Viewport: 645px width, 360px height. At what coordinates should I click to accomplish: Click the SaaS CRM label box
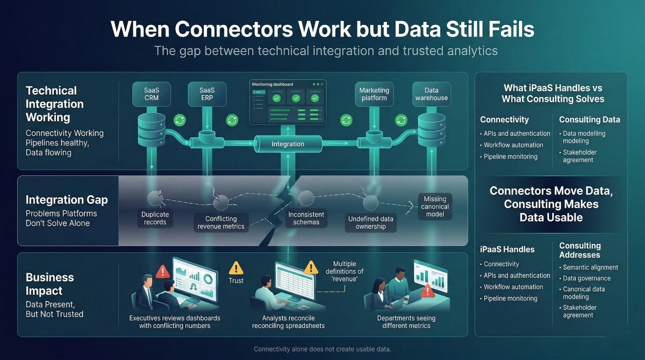tap(151, 94)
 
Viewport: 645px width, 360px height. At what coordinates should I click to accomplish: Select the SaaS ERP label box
tap(207, 94)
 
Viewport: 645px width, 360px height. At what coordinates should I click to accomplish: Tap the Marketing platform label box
tap(374, 94)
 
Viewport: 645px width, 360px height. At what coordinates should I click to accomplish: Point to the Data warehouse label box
tap(431, 94)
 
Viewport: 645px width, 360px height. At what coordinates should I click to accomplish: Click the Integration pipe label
tap(288, 144)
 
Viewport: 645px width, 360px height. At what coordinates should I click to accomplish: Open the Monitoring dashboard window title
tap(273, 85)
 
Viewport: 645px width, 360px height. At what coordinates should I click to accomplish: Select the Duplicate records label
tap(155, 218)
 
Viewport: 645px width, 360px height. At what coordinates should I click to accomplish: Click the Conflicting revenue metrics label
tap(221, 222)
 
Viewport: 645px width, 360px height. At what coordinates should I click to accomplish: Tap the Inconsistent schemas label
tap(306, 218)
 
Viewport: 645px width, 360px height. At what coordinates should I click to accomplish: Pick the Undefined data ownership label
tap(370, 222)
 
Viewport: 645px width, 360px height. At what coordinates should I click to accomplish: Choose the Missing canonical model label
tap(435, 206)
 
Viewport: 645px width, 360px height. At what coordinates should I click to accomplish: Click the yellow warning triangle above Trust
tap(236, 268)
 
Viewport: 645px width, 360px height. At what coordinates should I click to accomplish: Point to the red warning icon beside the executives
tap(163, 271)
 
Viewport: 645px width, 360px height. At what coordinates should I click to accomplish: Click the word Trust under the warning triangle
tap(236, 280)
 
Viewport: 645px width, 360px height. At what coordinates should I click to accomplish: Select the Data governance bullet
tap(587, 278)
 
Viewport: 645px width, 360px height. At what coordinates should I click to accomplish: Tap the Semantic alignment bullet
tap(590, 267)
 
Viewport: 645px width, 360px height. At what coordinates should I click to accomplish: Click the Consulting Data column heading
tap(589, 120)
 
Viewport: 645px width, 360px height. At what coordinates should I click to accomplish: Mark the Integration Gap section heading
tap(67, 200)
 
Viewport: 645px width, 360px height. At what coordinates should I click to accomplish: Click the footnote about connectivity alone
tap(322, 349)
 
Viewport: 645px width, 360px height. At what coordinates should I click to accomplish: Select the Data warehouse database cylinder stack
tap(431, 129)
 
